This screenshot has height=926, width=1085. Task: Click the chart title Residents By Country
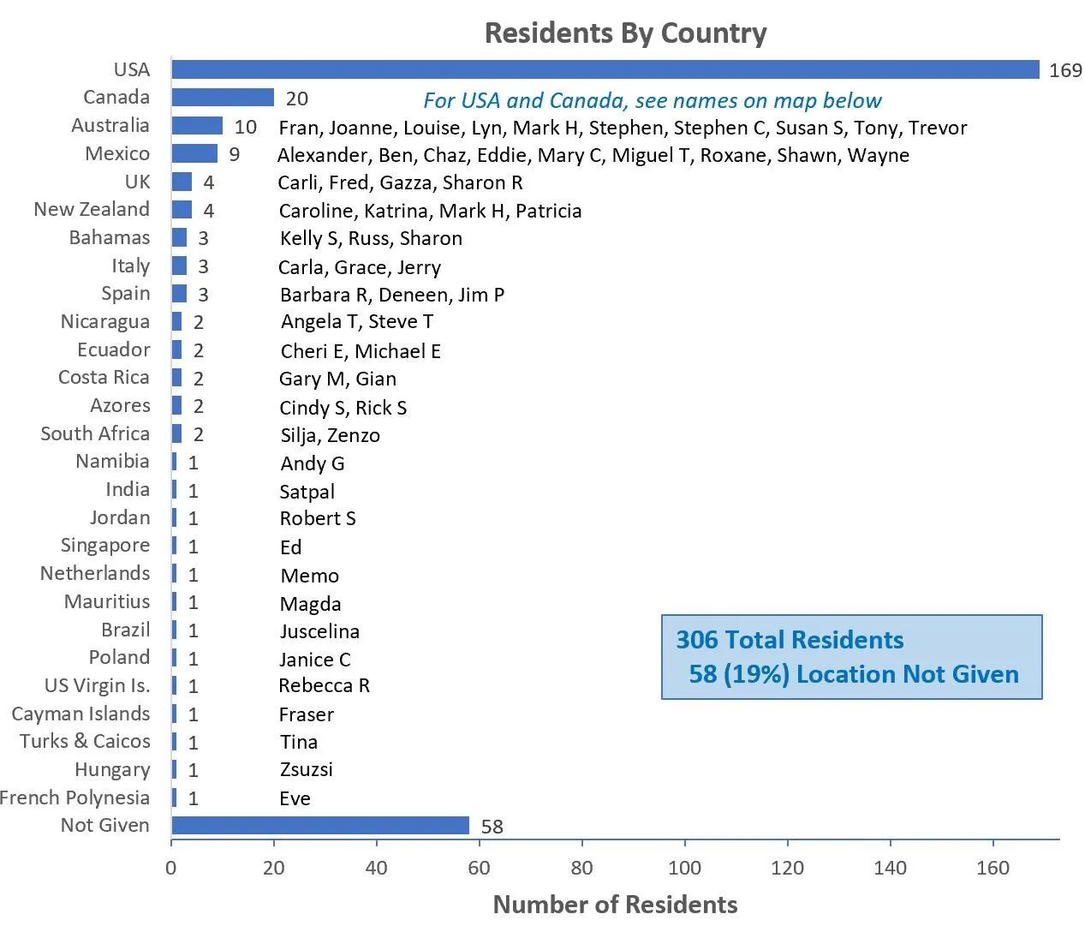coord(625,33)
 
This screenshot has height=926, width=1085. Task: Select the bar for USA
coord(605,70)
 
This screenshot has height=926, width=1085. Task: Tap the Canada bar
coord(223,98)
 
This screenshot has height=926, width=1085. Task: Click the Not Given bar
coord(320,826)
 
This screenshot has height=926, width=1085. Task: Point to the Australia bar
coord(197,126)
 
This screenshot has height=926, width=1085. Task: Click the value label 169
coord(1065,71)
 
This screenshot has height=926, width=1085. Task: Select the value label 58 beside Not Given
coord(492,827)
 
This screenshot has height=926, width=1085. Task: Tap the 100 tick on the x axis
coord(684,869)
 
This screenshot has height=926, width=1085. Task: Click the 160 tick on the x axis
coord(993,869)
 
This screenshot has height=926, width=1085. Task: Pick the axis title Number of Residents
coord(615,905)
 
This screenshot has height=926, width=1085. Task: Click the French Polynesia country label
coord(75,798)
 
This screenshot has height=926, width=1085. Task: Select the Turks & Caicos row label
coord(85,742)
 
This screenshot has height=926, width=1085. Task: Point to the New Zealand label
coord(92,210)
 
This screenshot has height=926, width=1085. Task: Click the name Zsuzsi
coord(306,770)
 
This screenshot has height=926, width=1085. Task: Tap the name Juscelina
coord(319,632)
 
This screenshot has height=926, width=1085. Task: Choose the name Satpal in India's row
coord(307,493)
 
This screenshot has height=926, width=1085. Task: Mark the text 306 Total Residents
coord(790,641)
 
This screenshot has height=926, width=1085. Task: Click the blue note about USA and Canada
coord(652,101)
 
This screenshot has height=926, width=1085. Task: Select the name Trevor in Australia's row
coord(938,128)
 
